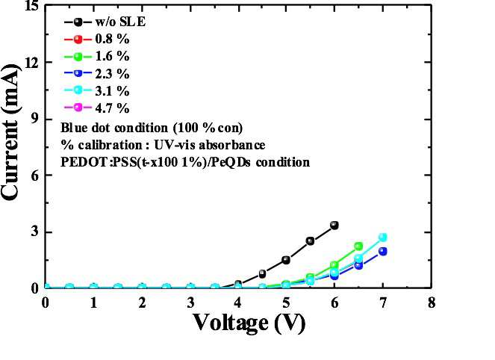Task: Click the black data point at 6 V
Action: click(334, 226)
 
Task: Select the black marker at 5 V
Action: click(286, 260)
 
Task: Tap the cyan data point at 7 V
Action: click(382, 238)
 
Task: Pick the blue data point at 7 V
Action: click(382, 252)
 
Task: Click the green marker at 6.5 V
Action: click(358, 246)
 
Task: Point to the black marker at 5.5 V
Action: click(311, 241)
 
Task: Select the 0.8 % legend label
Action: click(113, 39)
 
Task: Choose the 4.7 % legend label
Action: click(113, 108)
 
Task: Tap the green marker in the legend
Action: click(78, 57)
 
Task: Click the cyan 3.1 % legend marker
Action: click(78, 90)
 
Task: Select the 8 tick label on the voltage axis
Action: click(432, 302)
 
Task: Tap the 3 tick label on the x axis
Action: click(190, 302)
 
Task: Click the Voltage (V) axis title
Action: click(249, 323)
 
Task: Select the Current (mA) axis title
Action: click(10, 132)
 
